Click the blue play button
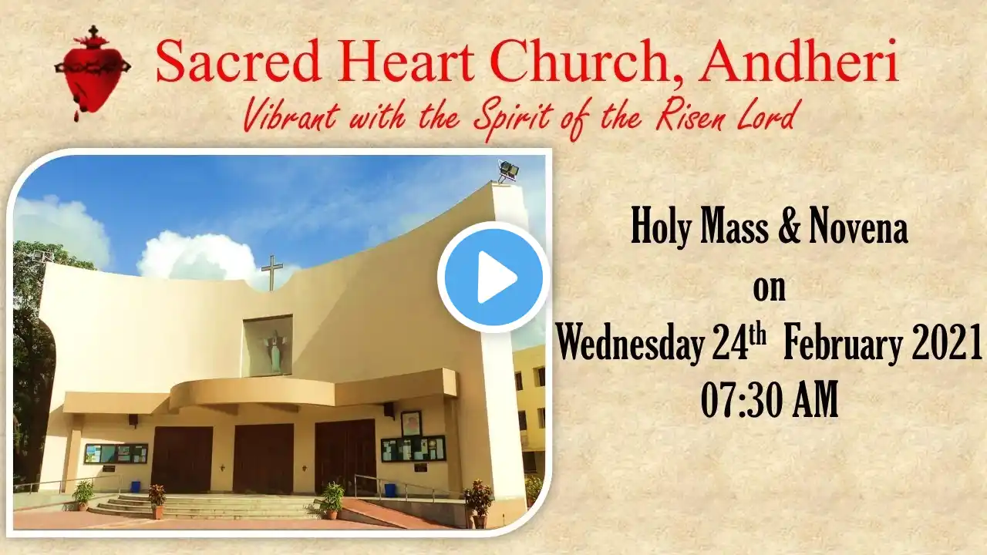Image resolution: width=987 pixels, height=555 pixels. [493, 277]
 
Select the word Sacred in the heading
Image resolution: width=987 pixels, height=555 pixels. [237, 62]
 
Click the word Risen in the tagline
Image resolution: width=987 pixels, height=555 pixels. [691, 116]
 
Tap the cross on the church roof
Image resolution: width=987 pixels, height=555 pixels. [272, 273]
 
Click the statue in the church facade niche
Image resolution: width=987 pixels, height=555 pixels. [275, 351]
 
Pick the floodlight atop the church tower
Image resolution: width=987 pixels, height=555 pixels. [508, 171]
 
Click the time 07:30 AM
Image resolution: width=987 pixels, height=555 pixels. [770, 400]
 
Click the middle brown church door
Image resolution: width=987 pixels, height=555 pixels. [263, 459]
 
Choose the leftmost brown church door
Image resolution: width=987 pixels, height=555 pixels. [181, 459]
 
